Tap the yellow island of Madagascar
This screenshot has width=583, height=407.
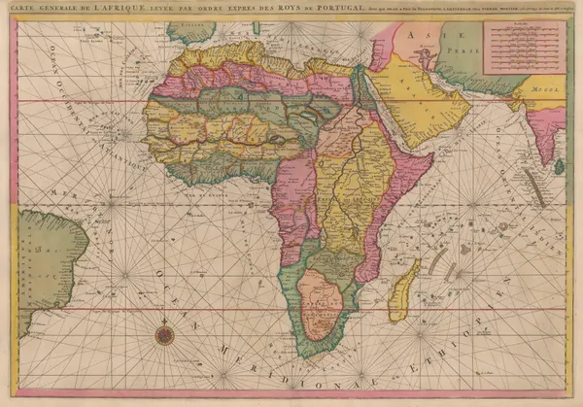pos(402,290)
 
